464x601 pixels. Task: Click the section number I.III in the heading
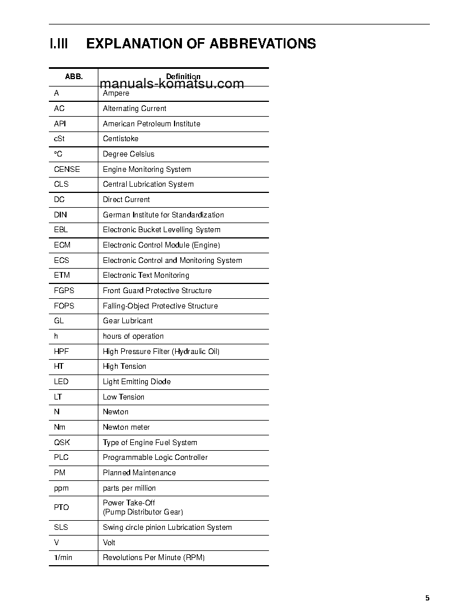59,44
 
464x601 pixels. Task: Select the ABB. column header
74,76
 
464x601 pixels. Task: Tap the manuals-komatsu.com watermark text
172,84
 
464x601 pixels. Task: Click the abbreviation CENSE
67,169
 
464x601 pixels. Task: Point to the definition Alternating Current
135,109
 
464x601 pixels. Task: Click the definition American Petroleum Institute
151,124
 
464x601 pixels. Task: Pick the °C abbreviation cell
58,154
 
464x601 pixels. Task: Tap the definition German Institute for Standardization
163,215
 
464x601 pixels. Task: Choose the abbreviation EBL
61,230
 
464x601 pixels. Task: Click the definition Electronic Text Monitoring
146,275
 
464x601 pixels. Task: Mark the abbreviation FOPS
64,306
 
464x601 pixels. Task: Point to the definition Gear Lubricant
128,321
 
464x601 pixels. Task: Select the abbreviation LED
61,382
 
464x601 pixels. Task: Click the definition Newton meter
126,427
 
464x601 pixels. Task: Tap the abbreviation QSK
62,442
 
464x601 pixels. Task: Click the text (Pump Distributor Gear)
143,512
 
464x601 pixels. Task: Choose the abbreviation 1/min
63,558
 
